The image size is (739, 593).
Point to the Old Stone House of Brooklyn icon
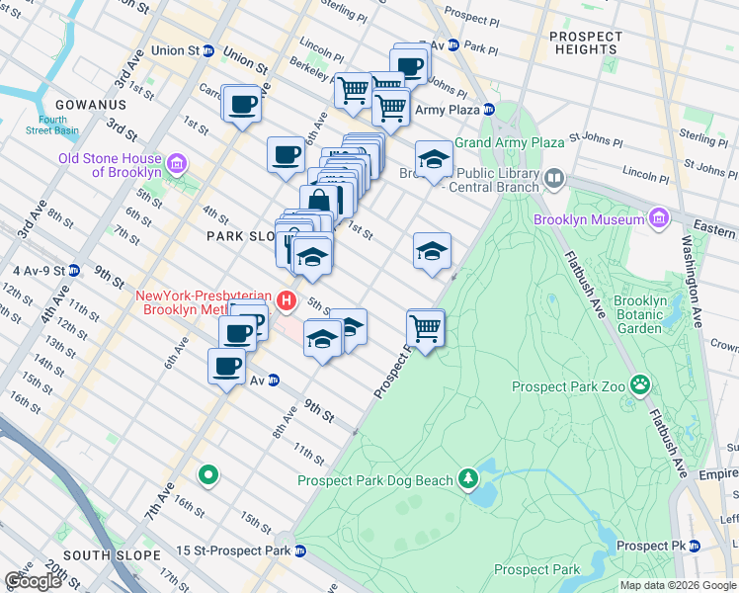click(177, 163)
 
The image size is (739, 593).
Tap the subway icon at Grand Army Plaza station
click(488, 110)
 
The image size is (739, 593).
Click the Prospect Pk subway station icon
click(695, 546)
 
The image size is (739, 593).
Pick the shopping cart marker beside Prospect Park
click(426, 327)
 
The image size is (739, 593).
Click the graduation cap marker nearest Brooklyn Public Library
click(433, 159)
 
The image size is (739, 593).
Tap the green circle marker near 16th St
click(207, 475)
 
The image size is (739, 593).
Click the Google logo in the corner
click(33, 581)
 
